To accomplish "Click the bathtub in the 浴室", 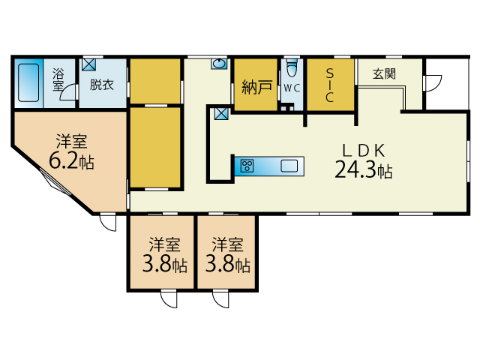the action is pyautogui.click(x=28, y=82).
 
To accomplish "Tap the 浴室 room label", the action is pyautogui.click(x=58, y=79).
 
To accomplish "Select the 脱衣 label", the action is pyautogui.click(x=102, y=85).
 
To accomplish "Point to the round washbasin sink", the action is pyautogui.click(x=219, y=64).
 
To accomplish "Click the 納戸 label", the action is pyautogui.click(x=256, y=87).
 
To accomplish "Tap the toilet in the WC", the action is pyautogui.click(x=292, y=67).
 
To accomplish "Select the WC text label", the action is pyautogui.click(x=292, y=88).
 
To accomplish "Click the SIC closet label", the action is pyautogui.click(x=330, y=85).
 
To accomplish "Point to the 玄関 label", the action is pyautogui.click(x=384, y=73).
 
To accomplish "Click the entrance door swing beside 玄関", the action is pyautogui.click(x=432, y=82).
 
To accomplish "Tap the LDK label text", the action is pyautogui.click(x=363, y=151).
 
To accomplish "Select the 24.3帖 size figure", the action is pyautogui.click(x=363, y=170).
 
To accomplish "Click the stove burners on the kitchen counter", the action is pyautogui.click(x=247, y=166).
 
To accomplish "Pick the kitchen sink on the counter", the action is pyautogui.click(x=289, y=166).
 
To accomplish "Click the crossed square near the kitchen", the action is pyautogui.click(x=221, y=113).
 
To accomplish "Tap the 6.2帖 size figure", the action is pyautogui.click(x=71, y=161).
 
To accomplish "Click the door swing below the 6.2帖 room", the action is pyautogui.click(x=108, y=223).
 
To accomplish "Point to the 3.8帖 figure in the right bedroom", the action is pyautogui.click(x=228, y=264).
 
